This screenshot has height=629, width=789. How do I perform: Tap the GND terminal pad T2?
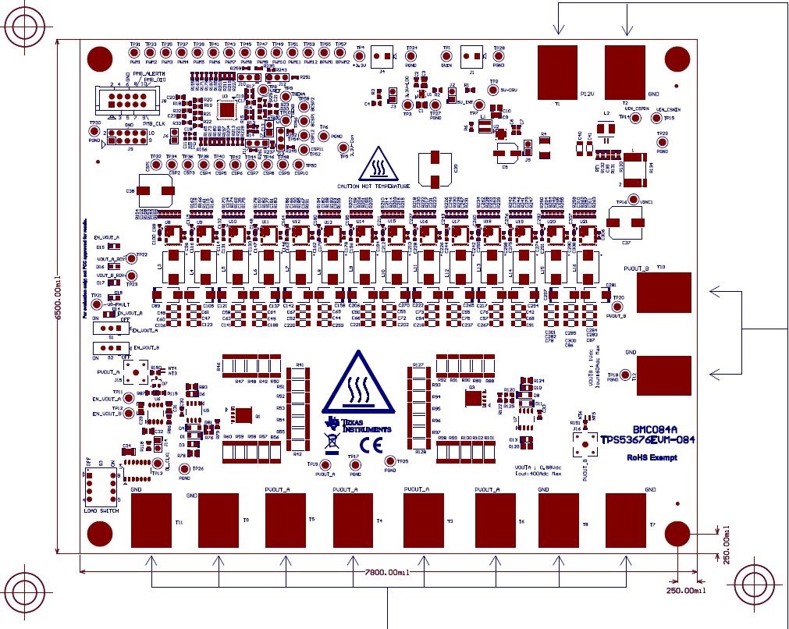(625, 71)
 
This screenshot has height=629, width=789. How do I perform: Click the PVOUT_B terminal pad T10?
(664, 293)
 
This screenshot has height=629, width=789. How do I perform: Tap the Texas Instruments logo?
(359, 426)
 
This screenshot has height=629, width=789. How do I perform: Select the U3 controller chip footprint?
(228, 109)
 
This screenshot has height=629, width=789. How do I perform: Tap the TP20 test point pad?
(618, 307)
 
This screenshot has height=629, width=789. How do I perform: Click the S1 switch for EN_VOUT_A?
(109, 329)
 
